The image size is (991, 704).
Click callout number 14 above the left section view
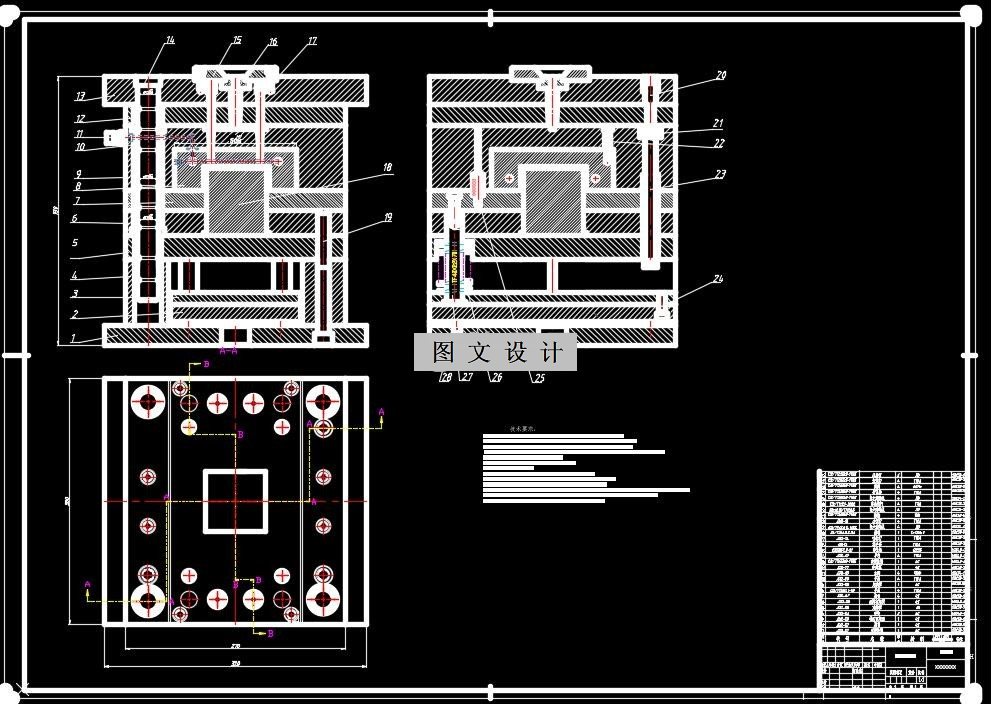(x=170, y=40)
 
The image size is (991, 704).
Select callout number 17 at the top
(x=312, y=42)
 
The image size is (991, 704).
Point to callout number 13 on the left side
(x=80, y=97)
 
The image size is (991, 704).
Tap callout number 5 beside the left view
(x=74, y=242)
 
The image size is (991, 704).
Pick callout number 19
(x=388, y=217)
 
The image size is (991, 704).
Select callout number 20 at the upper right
(x=720, y=75)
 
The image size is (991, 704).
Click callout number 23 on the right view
(x=720, y=175)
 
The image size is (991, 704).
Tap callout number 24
(x=718, y=281)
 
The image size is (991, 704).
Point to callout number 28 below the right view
(x=446, y=377)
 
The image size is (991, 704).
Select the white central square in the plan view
(x=236, y=500)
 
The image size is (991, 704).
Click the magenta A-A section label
(x=228, y=351)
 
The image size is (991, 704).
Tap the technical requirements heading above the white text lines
(x=523, y=428)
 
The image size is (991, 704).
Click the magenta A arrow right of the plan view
(x=380, y=411)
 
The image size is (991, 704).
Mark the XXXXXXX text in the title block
(x=944, y=666)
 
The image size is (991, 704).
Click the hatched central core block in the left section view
(x=236, y=200)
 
